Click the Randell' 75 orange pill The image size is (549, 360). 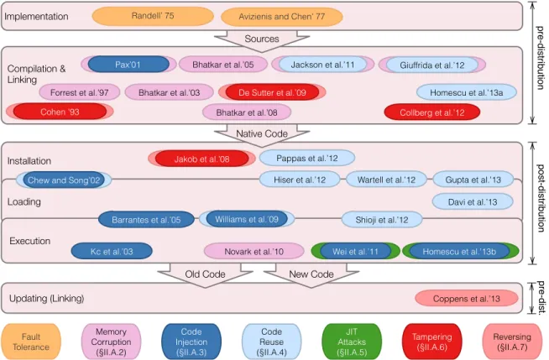click(153, 16)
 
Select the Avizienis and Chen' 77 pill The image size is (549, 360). click(282, 17)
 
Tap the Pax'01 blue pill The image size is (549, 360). click(128, 65)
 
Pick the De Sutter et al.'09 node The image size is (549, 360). click(272, 92)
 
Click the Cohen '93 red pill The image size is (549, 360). click(60, 112)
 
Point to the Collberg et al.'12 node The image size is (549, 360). click(432, 112)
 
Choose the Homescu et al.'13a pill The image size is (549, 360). click(467, 92)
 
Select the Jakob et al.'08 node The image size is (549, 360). click(201, 159)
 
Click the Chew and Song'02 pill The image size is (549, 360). click(64, 180)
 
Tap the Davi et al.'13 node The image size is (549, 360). click(473, 202)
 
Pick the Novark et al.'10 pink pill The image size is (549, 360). click(254, 251)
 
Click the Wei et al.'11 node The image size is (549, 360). click(355, 251)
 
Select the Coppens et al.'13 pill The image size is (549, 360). click(467, 299)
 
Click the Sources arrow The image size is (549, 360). click(262, 40)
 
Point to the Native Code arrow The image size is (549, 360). click(262, 135)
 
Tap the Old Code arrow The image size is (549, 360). click(205, 275)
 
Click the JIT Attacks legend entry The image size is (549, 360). click(352, 342)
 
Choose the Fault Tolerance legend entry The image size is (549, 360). click(31, 342)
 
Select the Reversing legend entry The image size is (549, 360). click(512, 342)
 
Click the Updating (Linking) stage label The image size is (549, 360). click(46, 299)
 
